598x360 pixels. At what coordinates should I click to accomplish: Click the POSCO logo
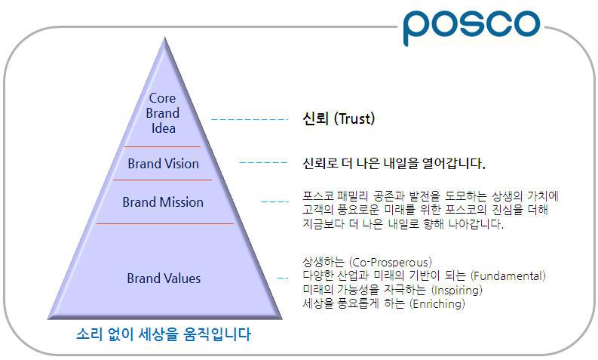471,28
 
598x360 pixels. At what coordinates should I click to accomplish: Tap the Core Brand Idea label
163,113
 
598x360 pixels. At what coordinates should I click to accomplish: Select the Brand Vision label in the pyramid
163,164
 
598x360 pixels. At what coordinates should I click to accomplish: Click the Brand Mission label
163,202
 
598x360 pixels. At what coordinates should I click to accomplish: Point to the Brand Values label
164,278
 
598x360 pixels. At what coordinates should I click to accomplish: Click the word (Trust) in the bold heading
354,119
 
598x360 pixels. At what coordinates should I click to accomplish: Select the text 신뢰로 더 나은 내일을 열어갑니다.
393,163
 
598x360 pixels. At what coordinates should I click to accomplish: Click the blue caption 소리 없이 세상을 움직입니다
163,334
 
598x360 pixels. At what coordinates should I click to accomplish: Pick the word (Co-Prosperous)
399,263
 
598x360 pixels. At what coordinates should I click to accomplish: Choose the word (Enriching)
437,304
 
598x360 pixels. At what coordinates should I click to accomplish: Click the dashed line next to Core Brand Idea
249,119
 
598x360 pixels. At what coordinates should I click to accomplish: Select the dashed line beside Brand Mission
275,202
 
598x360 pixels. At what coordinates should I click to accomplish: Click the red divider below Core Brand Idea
163,146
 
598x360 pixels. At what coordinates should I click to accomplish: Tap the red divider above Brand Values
164,223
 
